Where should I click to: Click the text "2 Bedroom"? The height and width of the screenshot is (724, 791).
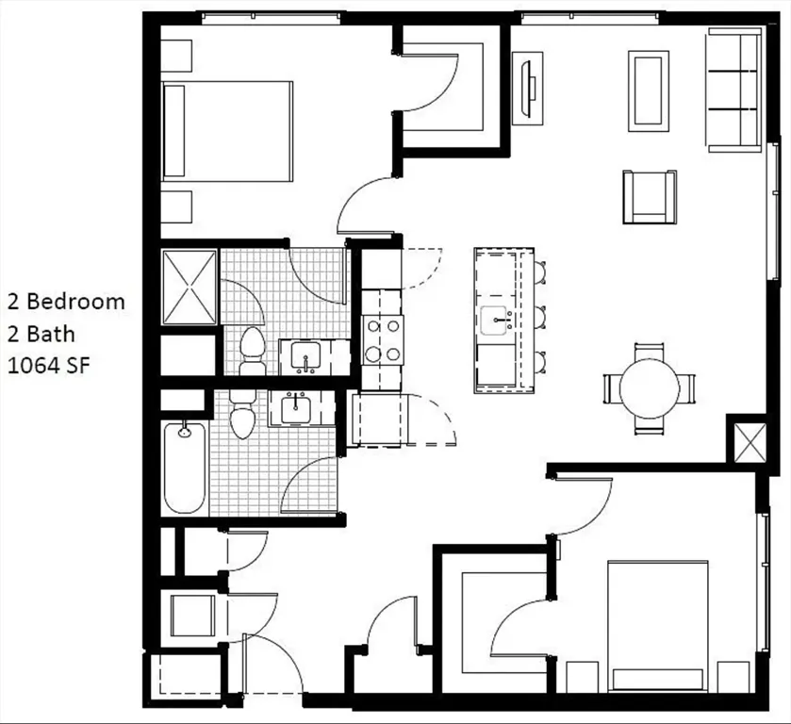(x=66, y=302)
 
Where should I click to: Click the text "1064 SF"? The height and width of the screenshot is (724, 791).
(x=49, y=366)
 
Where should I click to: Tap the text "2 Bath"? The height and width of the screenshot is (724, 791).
(x=41, y=334)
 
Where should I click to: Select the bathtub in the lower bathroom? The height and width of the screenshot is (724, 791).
(x=184, y=469)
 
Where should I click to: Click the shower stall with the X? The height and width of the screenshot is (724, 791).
(x=190, y=286)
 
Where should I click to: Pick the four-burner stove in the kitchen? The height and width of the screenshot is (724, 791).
(x=384, y=340)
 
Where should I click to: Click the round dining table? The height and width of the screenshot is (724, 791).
(x=649, y=388)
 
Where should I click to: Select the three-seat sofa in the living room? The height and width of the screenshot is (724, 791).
(x=734, y=90)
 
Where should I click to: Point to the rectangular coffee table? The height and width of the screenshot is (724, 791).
(x=649, y=90)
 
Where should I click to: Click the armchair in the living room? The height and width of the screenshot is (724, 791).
(x=649, y=196)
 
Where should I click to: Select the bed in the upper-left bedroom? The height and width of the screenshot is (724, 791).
(x=226, y=130)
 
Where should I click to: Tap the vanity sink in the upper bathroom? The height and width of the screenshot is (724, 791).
(x=305, y=357)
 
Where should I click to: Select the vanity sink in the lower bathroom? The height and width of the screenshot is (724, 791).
(x=297, y=409)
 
